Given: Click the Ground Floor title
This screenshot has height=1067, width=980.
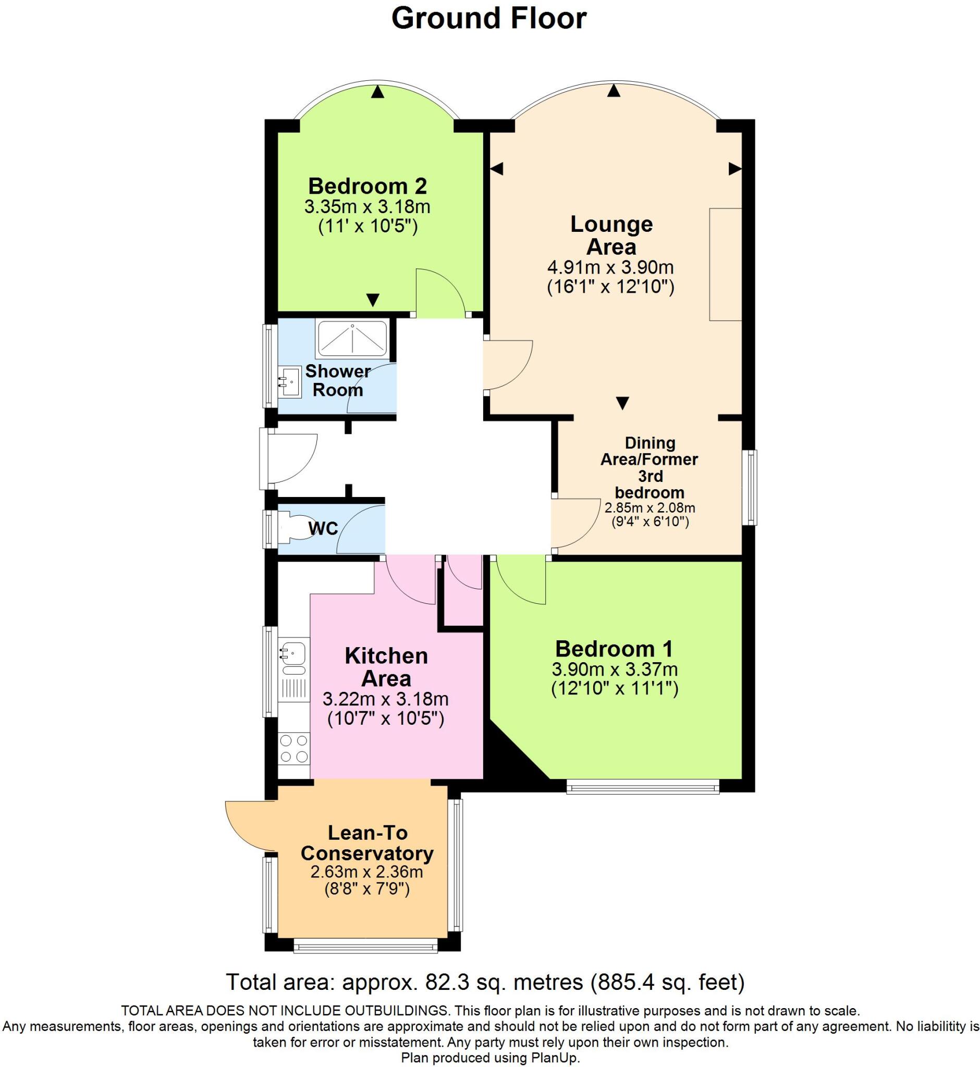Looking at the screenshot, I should tap(488, 19).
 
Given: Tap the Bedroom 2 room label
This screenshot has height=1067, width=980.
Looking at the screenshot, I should tap(367, 187).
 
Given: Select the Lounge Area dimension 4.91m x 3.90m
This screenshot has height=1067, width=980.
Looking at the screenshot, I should tap(610, 267).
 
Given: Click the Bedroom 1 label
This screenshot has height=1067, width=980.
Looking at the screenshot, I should tap(614, 649).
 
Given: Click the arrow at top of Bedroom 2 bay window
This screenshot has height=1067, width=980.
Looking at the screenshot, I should tap(377, 92).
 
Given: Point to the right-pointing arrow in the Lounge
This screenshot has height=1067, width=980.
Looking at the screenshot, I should tap(734, 169).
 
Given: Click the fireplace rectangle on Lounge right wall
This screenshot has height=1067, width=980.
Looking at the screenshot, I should tap(725, 265).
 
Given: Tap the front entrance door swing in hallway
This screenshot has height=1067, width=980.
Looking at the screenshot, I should tap(290, 459).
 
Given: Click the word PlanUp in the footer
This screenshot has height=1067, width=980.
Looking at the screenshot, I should tap(555, 1058).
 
